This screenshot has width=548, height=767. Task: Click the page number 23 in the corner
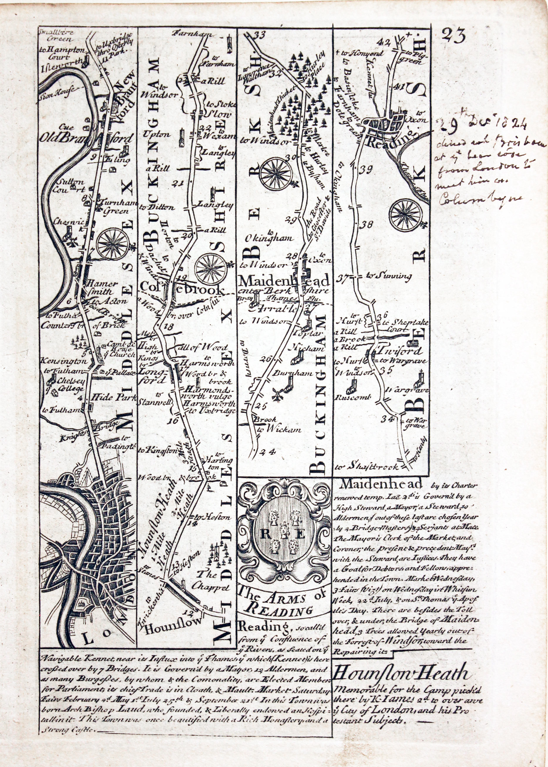pyautogui.click(x=453, y=34)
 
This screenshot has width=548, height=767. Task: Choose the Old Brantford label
pyautogui.click(x=89, y=139)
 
